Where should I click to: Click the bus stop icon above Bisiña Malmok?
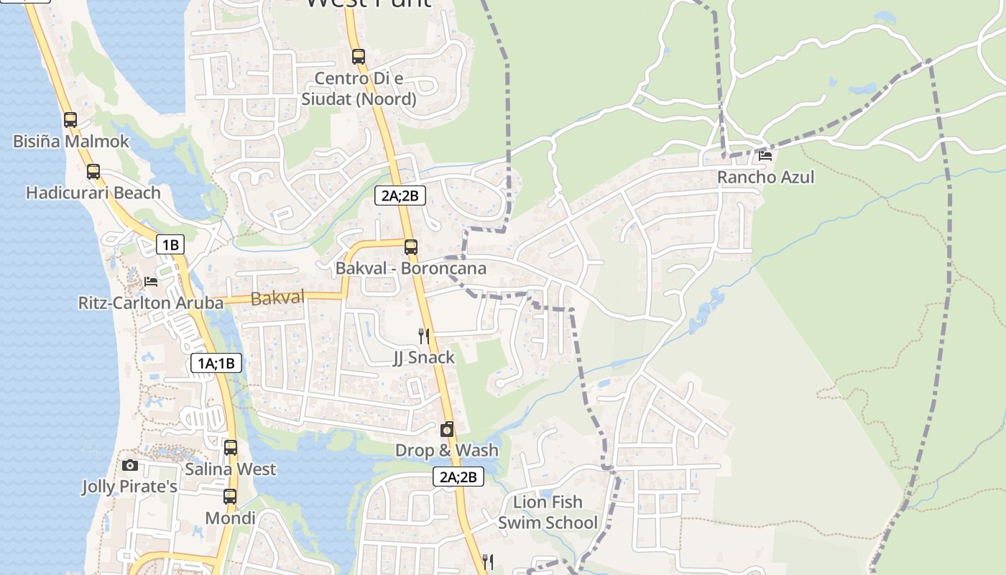pyautogui.click(x=70, y=120)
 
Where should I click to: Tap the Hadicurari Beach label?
pyautogui.click(x=93, y=193)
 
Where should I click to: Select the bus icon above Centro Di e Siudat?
pyautogui.click(x=359, y=56)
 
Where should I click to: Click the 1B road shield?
pyautogui.click(x=170, y=244)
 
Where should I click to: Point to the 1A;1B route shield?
pyautogui.click(x=216, y=363)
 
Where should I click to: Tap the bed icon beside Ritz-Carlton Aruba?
pyautogui.click(x=151, y=281)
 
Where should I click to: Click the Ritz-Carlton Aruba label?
pyautogui.click(x=151, y=303)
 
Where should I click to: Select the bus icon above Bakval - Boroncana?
pyautogui.click(x=410, y=247)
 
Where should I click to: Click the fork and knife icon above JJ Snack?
pyautogui.click(x=424, y=336)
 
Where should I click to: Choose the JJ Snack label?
pyautogui.click(x=424, y=357)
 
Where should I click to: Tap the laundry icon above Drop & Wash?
pyautogui.click(x=447, y=429)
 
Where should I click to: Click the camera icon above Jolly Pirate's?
pyautogui.click(x=130, y=466)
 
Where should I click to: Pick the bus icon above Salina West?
pyautogui.click(x=230, y=448)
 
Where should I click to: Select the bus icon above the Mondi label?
pyautogui.click(x=230, y=497)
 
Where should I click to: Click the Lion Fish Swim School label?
pyautogui.click(x=548, y=512)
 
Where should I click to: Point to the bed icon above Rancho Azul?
pyautogui.click(x=765, y=155)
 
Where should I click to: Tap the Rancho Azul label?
pyautogui.click(x=766, y=177)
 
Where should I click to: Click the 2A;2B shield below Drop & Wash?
pyautogui.click(x=458, y=477)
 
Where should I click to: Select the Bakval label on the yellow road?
pyautogui.click(x=277, y=298)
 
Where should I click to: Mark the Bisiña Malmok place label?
pyautogui.click(x=71, y=141)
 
